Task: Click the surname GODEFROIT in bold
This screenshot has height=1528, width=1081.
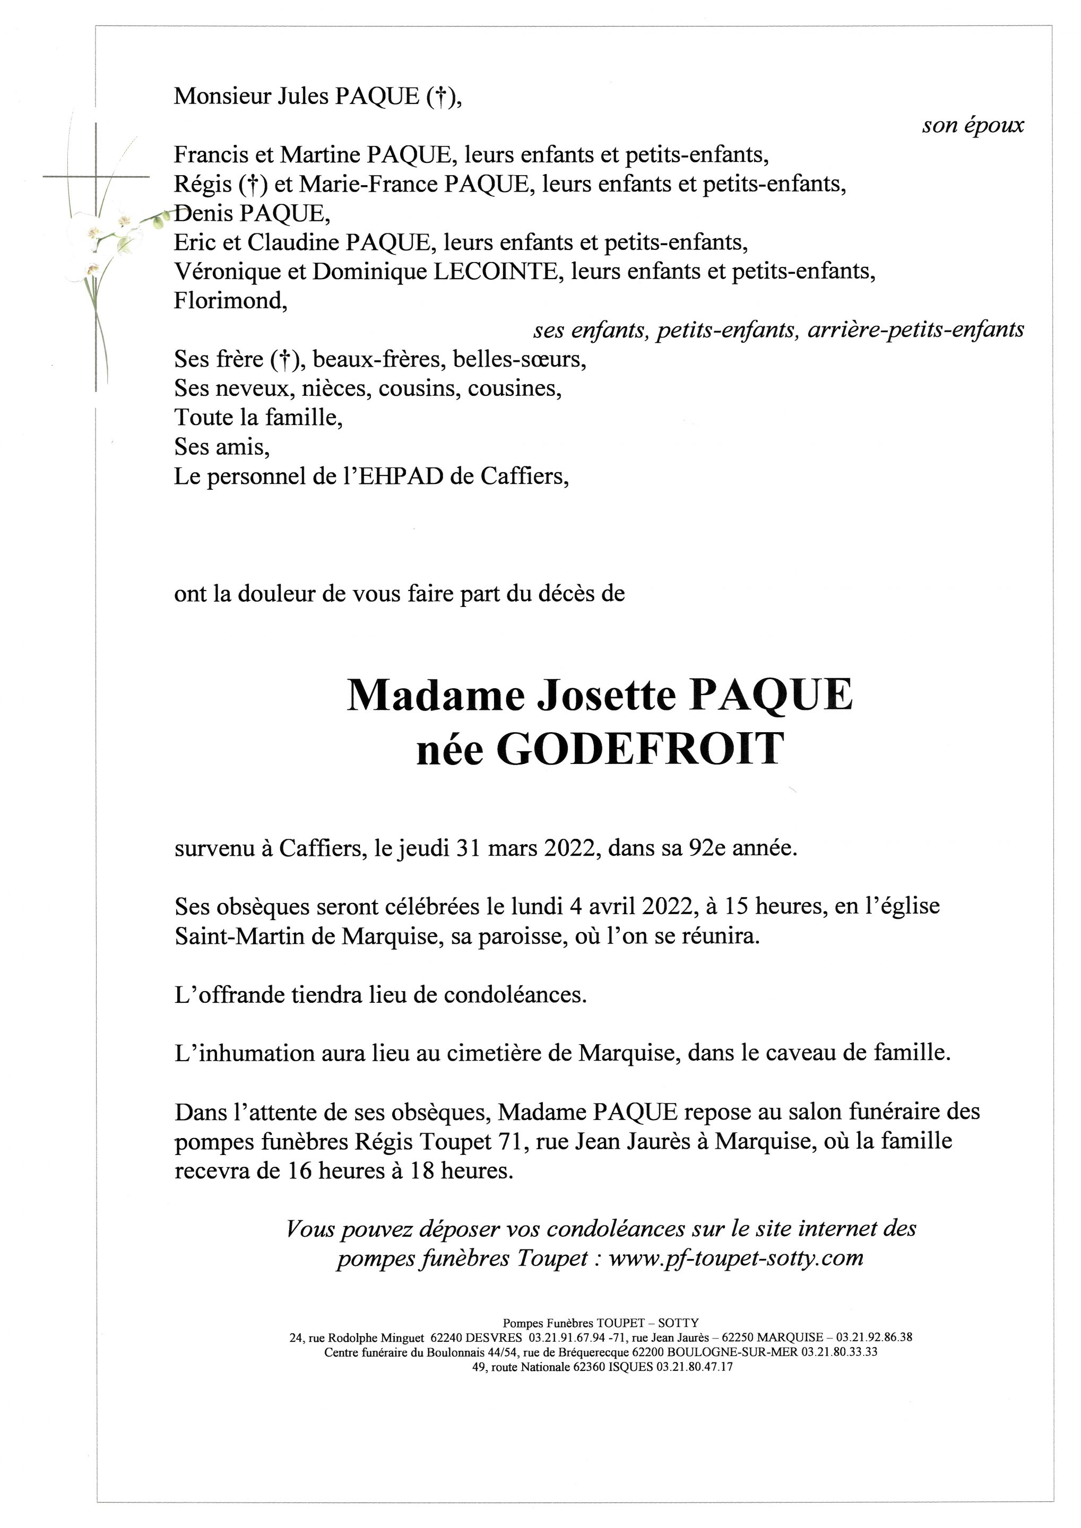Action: pos(639,751)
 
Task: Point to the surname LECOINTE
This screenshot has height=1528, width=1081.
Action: pos(497,272)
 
